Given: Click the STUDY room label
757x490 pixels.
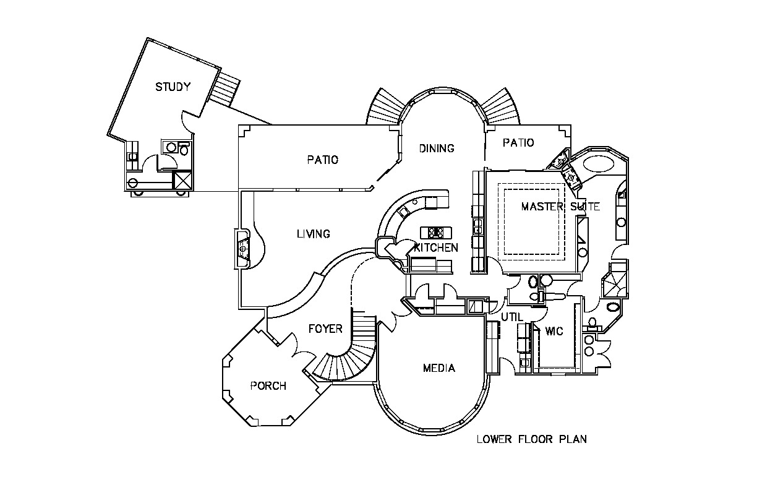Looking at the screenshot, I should tap(173, 87).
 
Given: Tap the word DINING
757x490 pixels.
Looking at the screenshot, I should tap(437, 148).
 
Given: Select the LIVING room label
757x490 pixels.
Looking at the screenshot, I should tap(313, 234).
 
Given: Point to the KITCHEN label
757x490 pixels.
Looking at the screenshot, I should tap(437, 248).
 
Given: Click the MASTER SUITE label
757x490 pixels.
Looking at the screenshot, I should tap(560, 207).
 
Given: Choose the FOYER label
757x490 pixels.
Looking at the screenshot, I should tap(325, 329).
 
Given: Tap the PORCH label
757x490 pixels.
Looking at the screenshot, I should tap(268, 386).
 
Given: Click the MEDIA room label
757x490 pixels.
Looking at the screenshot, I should tap(439, 368).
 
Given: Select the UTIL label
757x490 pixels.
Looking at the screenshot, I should tap(512, 317).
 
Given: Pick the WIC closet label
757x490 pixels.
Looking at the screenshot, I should tap(554, 332).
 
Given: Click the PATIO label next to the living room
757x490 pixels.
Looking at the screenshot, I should tap(323, 160).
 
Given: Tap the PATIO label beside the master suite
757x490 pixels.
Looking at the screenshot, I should tap(518, 143).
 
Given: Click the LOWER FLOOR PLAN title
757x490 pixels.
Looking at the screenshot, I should tap(531, 440).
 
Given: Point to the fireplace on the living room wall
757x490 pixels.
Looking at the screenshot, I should tap(243, 249).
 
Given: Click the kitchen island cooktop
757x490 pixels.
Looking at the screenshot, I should tap(436, 233).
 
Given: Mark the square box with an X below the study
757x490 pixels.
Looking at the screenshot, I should tap(182, 181).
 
